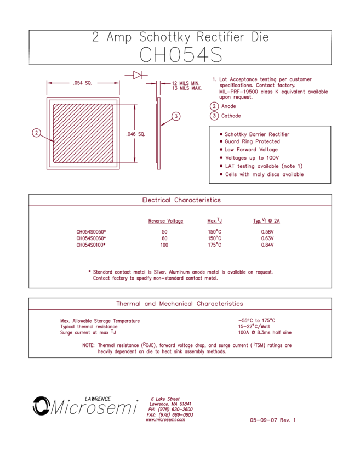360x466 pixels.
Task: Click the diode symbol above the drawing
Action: (x=138, y=75)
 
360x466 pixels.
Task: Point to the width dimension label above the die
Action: (x=82, y=83)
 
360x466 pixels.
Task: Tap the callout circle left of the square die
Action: (x=37, y=132)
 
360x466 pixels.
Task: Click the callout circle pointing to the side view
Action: (x=175, y=116)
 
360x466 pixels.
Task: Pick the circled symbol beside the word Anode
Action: (x=214, y=106)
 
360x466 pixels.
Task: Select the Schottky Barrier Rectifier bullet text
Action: (x=257, y=134)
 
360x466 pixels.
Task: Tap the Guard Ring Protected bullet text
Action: (x=252, y=141)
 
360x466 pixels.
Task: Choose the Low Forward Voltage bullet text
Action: (x=251, y=150)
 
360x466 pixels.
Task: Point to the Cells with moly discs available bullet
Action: (x=264, y=174)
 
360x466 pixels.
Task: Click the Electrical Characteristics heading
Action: (x=181, y=200)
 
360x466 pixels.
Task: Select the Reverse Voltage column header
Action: (x=165, y=221)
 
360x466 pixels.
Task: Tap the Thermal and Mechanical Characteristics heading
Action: (x=180, y=304)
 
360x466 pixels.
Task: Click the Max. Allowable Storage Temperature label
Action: (x=100, y=321)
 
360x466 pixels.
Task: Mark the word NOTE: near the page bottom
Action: (x=88, y=345)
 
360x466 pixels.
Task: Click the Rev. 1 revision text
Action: (x=287, y=420)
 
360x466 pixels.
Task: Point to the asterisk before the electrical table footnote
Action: (x=89, y=271)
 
